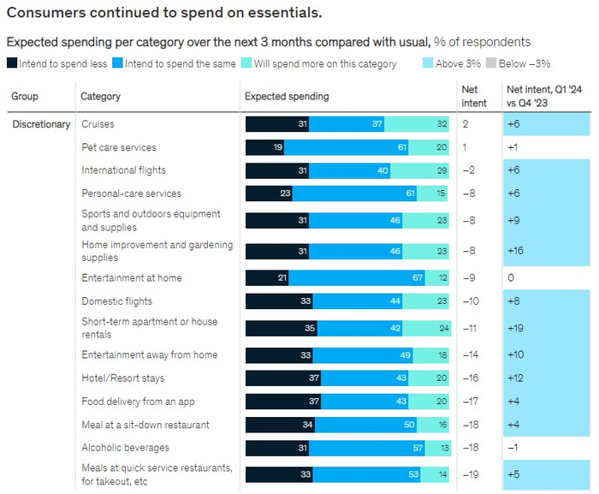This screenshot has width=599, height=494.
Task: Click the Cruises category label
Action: (98, 124)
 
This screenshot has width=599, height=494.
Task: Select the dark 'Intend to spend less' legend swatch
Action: (12, 64)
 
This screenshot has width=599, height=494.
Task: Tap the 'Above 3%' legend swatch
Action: (429, 64)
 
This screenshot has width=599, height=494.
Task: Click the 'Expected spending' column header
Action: (287, 97)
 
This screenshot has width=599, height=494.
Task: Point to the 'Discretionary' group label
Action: (41, 124)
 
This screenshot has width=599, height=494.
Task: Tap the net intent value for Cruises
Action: (466, 124)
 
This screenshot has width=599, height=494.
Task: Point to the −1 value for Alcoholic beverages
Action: (513, 448)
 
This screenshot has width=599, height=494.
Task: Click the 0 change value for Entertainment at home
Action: (511, 278)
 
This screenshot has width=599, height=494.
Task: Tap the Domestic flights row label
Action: (116, 301)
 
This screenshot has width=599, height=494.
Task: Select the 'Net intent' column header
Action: (473, 96)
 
